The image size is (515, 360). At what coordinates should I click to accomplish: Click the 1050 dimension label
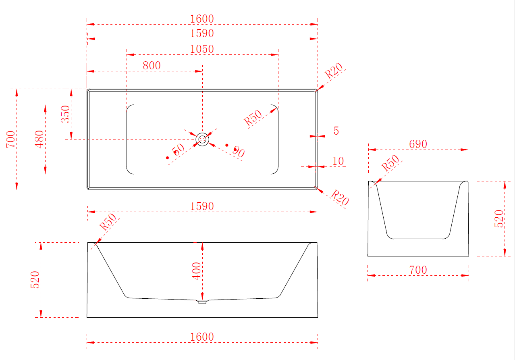click(x=202, y=49)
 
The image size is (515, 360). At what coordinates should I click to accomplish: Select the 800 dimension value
click(x=152, y=66)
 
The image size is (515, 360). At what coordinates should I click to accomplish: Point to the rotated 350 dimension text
click(x=65, y=114)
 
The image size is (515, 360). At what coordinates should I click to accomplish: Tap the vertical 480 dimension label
click(x=39, y=139)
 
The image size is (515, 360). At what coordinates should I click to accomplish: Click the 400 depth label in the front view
click(x=196, y=271)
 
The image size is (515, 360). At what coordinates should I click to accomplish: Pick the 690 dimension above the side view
click(x=418, y=144)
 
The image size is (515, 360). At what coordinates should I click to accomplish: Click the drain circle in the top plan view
click(x=202, y=139)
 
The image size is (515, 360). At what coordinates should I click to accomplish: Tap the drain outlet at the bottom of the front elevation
click(x=202, y=302)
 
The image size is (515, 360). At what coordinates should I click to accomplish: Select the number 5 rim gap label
click(x=336, y=131)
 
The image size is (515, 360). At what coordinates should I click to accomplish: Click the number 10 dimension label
click(x=338, y=161)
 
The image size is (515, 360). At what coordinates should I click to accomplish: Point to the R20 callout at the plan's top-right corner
click(x=334, y=71)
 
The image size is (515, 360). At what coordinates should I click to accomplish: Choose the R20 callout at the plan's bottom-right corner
click(x=340, y=198)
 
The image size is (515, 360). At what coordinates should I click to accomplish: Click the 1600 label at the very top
click(x=202, y=19)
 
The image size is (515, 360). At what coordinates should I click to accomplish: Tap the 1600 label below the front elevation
click(x=202, y=337)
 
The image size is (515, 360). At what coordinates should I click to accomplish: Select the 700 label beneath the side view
click(x=418, y=270)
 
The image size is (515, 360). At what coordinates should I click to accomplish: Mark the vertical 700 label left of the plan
click(x=11, y=139)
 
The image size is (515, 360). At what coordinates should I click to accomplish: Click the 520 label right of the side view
click(x=499, y=219)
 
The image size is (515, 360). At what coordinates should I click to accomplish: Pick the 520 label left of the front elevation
click(x=35, y=280)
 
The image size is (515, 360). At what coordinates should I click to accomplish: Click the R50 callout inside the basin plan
click(x=253, y=118)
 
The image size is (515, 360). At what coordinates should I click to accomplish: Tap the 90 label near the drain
click(x=239, y=152)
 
